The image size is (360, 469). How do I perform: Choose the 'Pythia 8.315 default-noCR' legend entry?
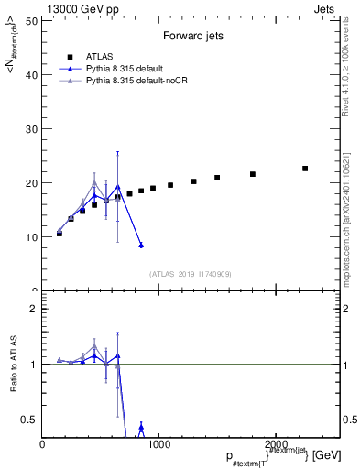(125, 81)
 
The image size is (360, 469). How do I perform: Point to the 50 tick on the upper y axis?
(31, 20)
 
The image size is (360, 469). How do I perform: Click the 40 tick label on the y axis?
(31, 74)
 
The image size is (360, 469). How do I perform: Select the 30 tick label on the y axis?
(31, 128)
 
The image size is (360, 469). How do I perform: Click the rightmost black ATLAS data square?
(305, 169)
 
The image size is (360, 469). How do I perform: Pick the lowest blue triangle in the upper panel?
(141, 245)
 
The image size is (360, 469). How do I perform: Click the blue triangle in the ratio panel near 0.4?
(141, 428)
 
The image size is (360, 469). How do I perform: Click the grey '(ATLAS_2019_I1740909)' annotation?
(191, 274)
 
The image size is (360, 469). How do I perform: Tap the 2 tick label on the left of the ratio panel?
(33, 309)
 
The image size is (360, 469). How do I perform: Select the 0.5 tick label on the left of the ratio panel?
(28, 420)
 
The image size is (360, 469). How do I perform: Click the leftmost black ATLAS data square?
(60, 234)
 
